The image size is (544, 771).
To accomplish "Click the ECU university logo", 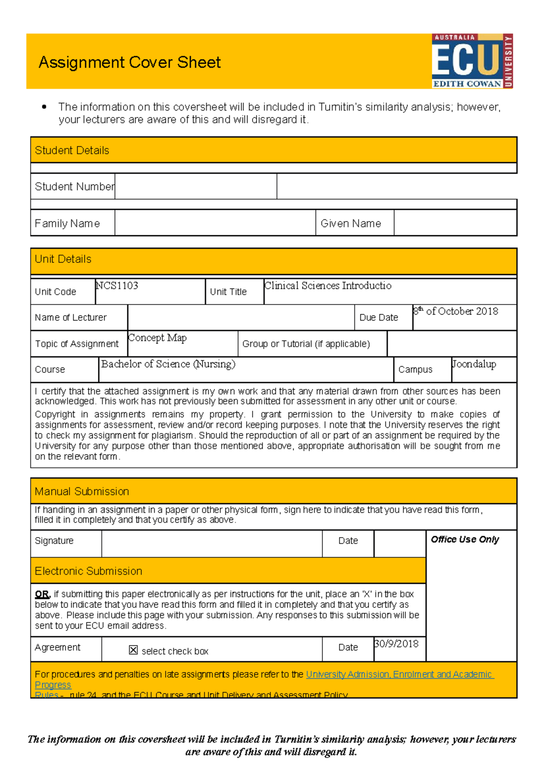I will click(472, 61).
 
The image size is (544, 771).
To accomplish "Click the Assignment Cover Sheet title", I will click(130, 62).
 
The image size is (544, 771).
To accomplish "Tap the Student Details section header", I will click(72, 150).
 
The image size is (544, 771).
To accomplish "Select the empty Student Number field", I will click(195, 186).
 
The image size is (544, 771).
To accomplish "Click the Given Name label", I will click(350, 223).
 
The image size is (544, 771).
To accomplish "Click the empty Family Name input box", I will click(215, 223).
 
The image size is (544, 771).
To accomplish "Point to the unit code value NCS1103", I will click(117, 286).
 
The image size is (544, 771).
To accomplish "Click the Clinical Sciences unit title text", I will click(328, 286).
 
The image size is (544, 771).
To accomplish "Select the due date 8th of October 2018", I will click(456, 311).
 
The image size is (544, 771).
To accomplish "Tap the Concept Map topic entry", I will click(157, 338).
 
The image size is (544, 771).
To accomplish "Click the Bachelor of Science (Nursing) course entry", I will click(168, 364).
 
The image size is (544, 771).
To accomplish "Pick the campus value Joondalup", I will click(474, 364).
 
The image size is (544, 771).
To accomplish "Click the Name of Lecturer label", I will click(71, 318).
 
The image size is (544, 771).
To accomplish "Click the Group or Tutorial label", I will click(306, 344).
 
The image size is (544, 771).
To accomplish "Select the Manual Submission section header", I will click(82, 491).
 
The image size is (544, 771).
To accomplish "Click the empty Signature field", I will click(212, 543).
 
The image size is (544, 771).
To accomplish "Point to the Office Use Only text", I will click(465, 539).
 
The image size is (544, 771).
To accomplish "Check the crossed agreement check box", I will click(133, 650).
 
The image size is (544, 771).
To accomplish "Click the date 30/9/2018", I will click(396, 644).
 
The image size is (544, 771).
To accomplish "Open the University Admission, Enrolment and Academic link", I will click(399, 674).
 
